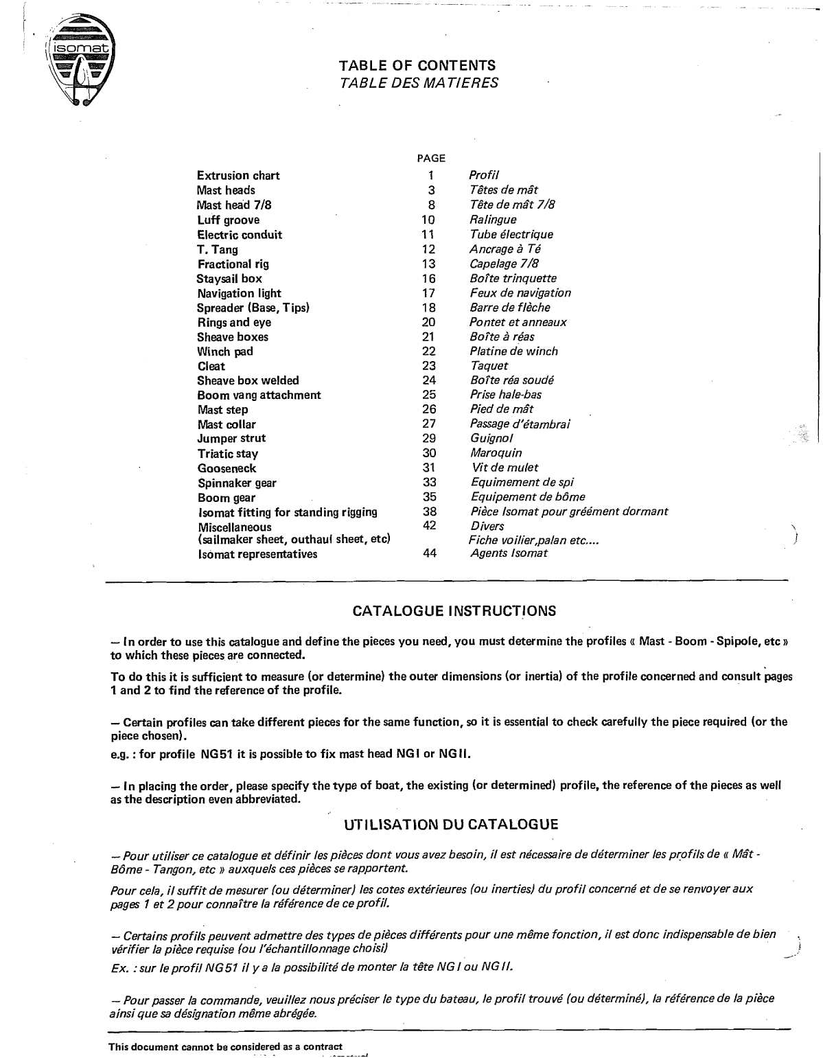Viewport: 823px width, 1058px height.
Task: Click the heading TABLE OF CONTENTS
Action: coord(417,66)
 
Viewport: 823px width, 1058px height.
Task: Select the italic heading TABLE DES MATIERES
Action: coord(419,83)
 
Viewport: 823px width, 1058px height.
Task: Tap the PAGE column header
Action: coord(431,159)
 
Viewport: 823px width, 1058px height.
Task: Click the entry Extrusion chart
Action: coord(238,176)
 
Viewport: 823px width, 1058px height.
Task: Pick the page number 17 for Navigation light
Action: coord(429,293)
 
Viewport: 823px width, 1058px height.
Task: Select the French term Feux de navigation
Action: coord(520,293)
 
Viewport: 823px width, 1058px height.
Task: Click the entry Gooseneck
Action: coord(227,469)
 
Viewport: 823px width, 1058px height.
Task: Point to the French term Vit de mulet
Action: coord(505,468)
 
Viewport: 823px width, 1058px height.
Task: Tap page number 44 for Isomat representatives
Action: coord(430,553)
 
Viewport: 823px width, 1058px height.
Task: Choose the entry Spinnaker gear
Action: coord(237,483)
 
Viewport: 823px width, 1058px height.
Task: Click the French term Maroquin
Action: coord(496,453)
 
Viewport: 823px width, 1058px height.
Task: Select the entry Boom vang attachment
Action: coord(259,395)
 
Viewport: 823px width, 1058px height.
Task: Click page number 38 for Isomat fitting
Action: coord(430,511)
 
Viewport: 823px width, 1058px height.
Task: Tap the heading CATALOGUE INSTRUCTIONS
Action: coord(454,611)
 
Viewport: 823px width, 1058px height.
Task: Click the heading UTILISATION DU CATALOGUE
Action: coord(451,825)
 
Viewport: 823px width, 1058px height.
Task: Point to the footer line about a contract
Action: coord(225,1046)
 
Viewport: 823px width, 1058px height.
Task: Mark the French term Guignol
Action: coord(491,438)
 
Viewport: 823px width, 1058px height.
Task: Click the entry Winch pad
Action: coord(225,352)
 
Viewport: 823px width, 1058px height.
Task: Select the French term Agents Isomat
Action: coord(509,553)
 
